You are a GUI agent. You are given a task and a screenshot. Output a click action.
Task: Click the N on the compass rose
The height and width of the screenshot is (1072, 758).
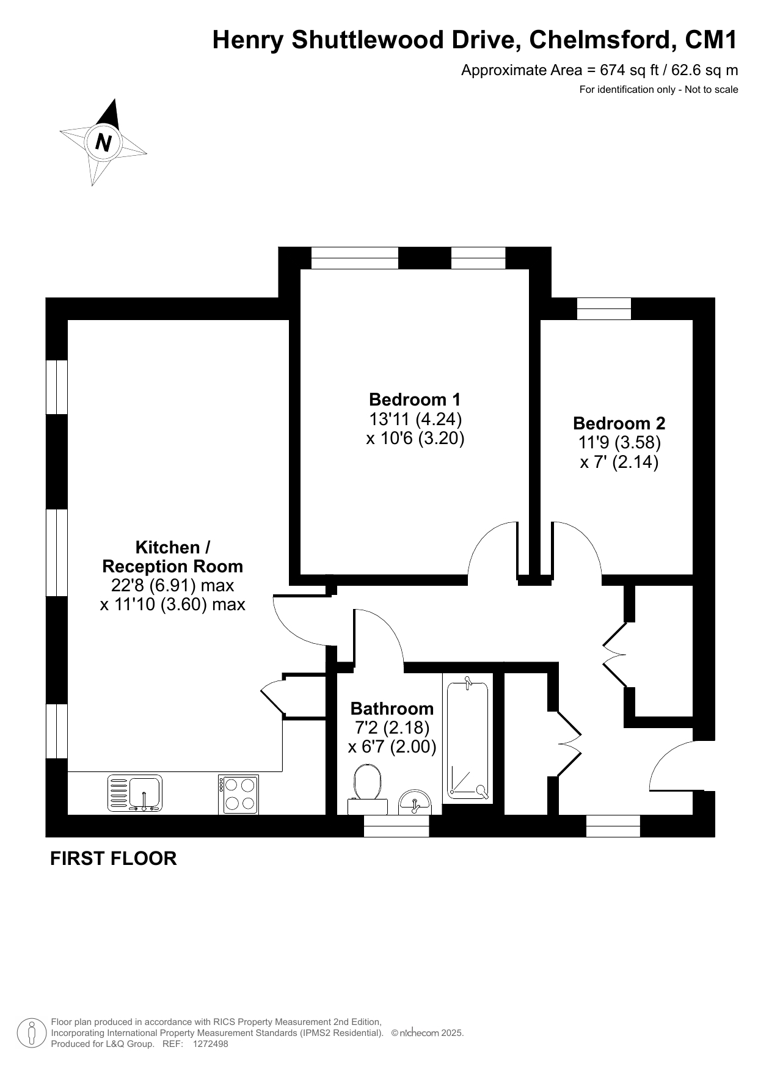click(104, 142)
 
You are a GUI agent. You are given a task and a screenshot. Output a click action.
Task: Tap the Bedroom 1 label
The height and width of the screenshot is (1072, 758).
click(415, 399)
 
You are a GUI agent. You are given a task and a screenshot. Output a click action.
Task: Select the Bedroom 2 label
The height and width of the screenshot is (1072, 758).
click(619, 423)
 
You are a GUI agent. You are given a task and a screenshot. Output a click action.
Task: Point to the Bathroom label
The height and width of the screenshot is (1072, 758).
click(392, 709)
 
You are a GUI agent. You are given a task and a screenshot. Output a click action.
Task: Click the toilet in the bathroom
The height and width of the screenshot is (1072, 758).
click(368, 790)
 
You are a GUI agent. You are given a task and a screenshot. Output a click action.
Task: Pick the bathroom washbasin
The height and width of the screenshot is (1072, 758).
click(415, 803)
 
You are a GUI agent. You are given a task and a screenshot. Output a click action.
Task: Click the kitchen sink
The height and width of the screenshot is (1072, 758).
click(135, 793)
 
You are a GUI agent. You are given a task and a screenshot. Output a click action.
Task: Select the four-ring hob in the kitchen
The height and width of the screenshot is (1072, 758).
click(238, 794)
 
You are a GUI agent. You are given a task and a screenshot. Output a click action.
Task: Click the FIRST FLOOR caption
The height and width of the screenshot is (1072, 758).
click(113, 858)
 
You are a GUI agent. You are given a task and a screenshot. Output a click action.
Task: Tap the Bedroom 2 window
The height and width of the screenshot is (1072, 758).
click(604, 308)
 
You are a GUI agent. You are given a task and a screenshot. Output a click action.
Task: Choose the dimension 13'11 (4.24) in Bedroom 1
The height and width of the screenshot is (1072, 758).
click(415, 419)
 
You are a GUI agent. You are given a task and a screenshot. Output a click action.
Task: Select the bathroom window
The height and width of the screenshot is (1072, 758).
click(396, 826)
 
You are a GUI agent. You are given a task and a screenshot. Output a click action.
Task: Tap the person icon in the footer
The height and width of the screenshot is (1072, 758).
click(32, 1033)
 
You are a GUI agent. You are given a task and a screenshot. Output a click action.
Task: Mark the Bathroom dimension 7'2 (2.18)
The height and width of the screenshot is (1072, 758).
click(392, 727)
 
